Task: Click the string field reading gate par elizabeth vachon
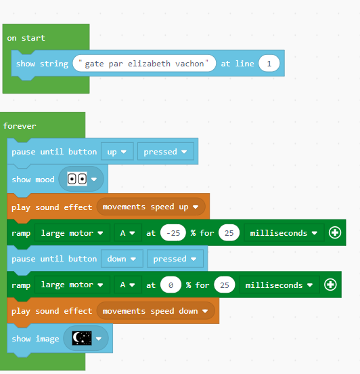tap(144, 64)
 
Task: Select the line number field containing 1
tap(269, 64)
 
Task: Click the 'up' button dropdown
tap(117, 152)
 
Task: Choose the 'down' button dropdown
tap(122, 259)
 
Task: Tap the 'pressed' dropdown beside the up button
tap(166, 152)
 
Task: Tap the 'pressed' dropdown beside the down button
tap(175, 259)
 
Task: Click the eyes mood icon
tap(77, 179)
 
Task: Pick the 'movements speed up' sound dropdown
tap(151, 207)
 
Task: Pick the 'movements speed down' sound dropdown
tap(156, 311)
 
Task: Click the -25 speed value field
tap(173, 233)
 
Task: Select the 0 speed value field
tap(171, 285)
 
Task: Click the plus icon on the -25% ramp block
tap(335, 232)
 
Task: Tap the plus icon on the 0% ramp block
tap(330, 285)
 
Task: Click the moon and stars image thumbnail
tap(82, 338)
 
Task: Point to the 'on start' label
tap(26, 38)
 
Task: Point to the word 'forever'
tap(20, 126)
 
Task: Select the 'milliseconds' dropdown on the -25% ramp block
tap(284, 233)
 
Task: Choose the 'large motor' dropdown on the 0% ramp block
tap(72, 285)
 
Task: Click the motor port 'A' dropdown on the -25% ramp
tap(128, 233)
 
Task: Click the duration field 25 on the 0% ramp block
tap(225, 285)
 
